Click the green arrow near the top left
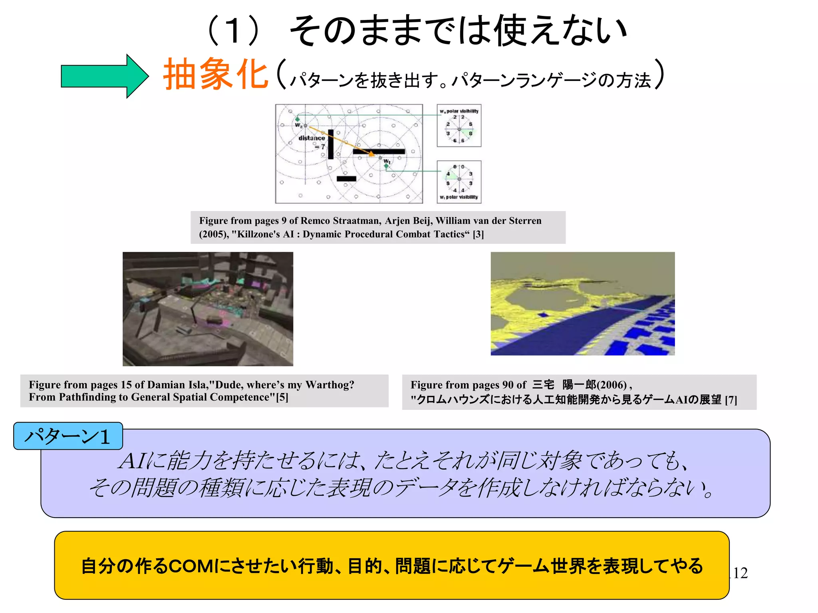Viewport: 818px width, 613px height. (104, 76)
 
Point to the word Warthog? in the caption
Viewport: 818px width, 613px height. (330, 385)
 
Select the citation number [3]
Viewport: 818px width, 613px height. (478, 234)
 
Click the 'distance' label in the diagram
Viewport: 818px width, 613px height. (312, 138)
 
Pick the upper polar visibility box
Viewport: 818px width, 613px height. (459, 126)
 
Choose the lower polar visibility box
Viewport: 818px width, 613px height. (459, 182)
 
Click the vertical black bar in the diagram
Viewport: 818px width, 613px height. (331, 144)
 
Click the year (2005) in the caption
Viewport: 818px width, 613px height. (213, 234)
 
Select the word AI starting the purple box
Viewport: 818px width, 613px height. (133, 461)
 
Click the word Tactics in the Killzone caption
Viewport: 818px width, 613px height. (449, 234)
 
